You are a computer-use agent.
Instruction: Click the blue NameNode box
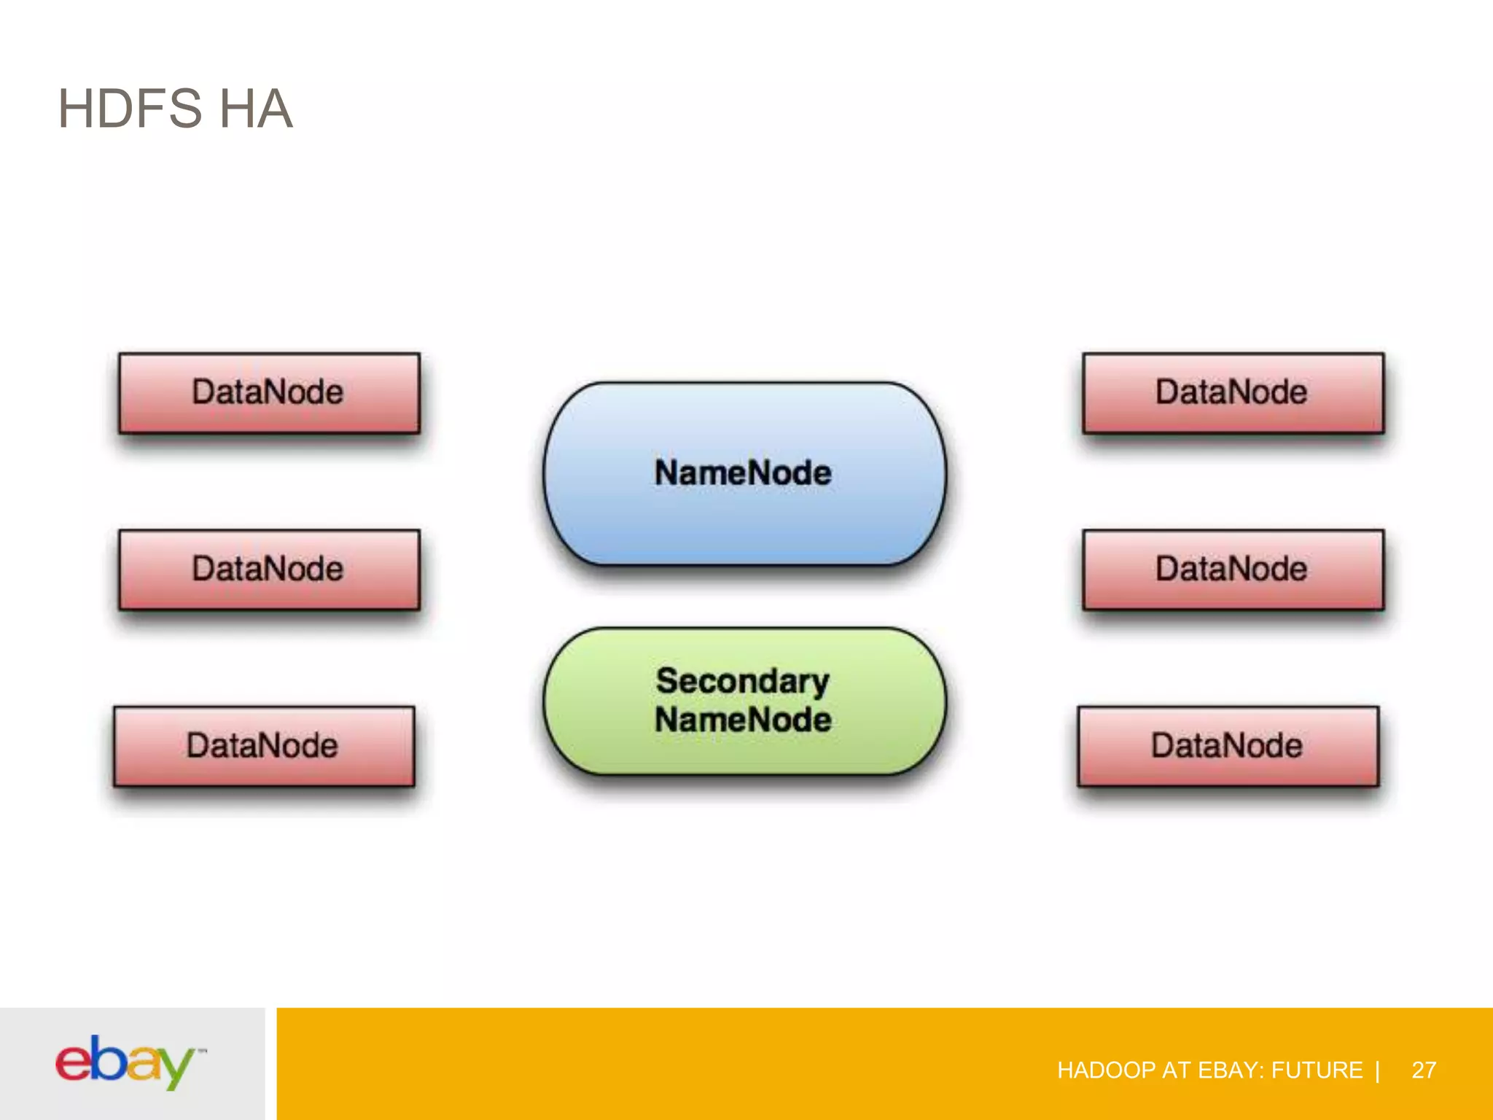744,473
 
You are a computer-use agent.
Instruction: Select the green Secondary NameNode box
744,701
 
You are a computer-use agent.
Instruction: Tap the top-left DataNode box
269,393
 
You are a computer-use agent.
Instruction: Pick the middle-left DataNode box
269,569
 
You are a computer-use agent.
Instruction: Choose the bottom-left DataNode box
264,746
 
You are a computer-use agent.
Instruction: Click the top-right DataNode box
1233,393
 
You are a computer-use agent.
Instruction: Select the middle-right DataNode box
1233,569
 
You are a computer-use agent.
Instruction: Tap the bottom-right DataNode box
1228,746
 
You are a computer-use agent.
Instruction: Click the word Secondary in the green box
742,681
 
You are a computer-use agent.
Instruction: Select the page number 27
1424,1070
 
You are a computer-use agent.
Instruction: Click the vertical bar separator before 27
1377,1070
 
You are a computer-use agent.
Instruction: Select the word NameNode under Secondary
743,720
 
